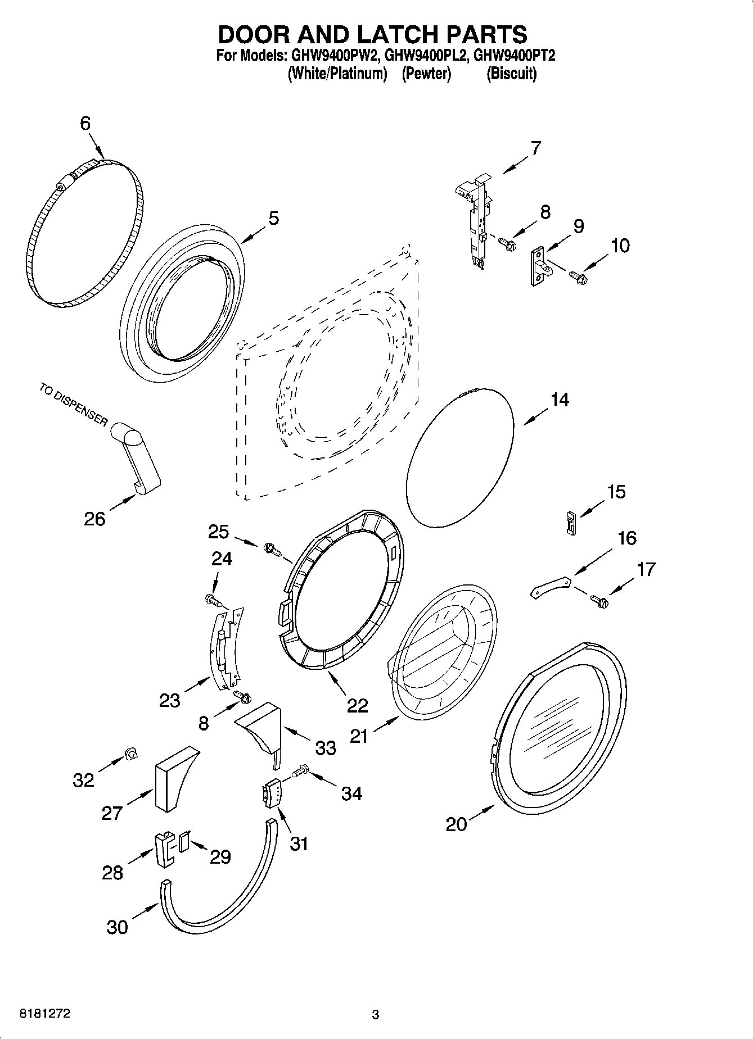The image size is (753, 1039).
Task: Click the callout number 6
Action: (85, 123)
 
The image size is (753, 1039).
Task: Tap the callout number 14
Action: (559, 400)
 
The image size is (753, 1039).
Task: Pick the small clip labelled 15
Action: (571, 523)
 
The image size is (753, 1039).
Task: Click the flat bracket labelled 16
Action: (551, 587)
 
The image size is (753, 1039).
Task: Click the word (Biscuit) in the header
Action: (511, 74)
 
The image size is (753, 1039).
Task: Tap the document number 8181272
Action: (45, 1014)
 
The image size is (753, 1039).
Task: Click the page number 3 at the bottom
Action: (376, 1015)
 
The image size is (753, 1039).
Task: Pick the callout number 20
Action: (456, 824)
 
